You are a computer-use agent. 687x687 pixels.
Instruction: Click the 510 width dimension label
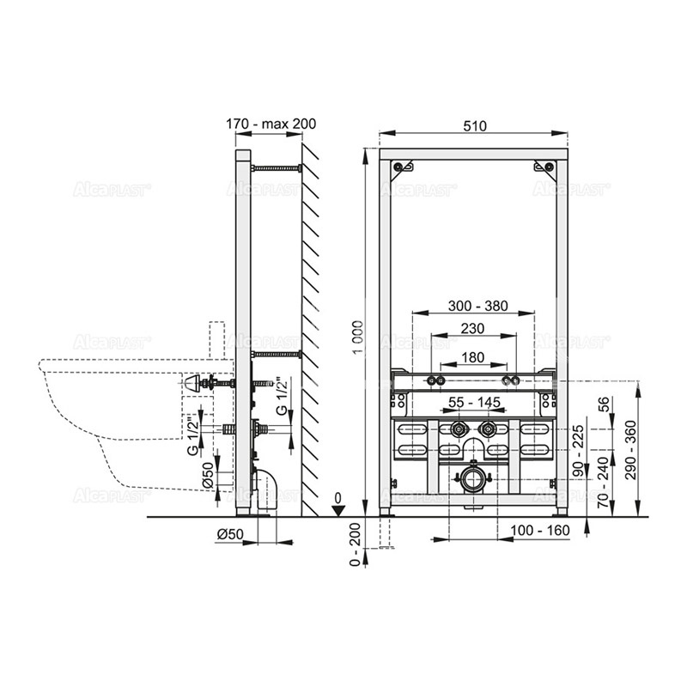click(475, 126)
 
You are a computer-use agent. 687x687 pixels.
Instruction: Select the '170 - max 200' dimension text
click(271, 124)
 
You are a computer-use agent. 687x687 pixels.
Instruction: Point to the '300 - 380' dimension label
click(477, 306)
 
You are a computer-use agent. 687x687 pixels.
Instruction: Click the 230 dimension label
click(472, 328)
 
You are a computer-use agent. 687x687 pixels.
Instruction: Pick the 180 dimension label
click(473, 357)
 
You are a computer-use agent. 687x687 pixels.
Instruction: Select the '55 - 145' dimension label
click(475, 402)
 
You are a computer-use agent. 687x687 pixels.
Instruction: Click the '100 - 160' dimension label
click(540, 531)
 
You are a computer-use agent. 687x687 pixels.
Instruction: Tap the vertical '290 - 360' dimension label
click(631, 449)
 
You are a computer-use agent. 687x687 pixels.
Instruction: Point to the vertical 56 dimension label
click(604, 404)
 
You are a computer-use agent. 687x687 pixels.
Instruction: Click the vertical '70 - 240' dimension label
click(604, 482)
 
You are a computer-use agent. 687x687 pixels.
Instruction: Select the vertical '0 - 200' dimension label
click(356, 544)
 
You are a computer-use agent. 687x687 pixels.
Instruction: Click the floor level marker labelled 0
click(338, 506)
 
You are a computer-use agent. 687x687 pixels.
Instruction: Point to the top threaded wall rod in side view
click(276, 167)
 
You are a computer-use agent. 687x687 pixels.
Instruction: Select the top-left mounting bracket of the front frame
click(402, 167)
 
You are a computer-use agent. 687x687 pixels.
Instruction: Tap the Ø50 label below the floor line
click(230, 534)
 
